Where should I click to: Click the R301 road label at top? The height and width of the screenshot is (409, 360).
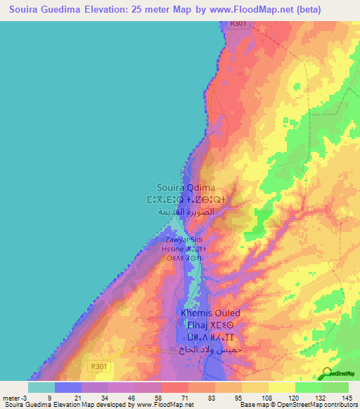coord(239,24)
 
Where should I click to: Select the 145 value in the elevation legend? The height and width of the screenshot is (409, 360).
coord(347,398)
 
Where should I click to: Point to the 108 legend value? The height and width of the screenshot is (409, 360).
coord(266,398)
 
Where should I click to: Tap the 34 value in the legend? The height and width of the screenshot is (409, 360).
coord(105,398)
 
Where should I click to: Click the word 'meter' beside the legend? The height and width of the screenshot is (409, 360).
coord(11,398)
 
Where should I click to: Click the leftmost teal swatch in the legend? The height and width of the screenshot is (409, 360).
coord(41,387)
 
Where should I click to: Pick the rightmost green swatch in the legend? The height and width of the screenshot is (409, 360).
coord(335,387)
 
